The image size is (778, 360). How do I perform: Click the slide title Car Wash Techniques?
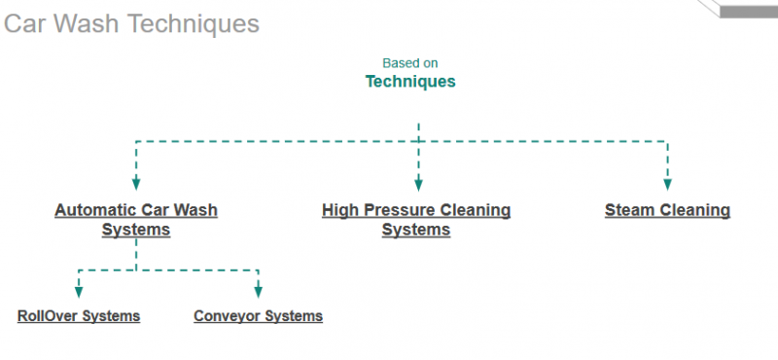pyautogui.click(x=131, y=23)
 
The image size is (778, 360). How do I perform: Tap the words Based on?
pyautogui.click(x=409, y=63)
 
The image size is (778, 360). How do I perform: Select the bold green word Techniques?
pyautogui.click(x=409, y=82)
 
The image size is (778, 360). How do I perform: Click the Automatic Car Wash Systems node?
pyautogui.click(x=136, y=220)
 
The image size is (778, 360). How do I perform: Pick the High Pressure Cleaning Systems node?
pyautogui.click(x=416, y=220)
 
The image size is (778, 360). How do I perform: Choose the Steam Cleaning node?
pyautogui.click(x=667, y=210)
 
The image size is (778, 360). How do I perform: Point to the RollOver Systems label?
pyautogui.click(x=79, y=316)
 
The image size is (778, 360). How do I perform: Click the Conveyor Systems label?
pyautogui.click(x=258, y=316)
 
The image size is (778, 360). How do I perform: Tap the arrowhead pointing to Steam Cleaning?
pyautogui.click(x=667, y=183)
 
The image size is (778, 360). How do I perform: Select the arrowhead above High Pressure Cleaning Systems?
pyautogui.click(x=418, y=183)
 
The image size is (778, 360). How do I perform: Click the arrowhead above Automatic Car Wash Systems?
pyautogui.click(x=136, y=183)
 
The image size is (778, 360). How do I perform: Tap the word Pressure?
pyautogui.click(x=408, y=210)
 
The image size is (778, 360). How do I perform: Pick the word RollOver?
pyautogui.click(x=49, y=316)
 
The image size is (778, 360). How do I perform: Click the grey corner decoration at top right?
pyautogui.click(x=744, y=8)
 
